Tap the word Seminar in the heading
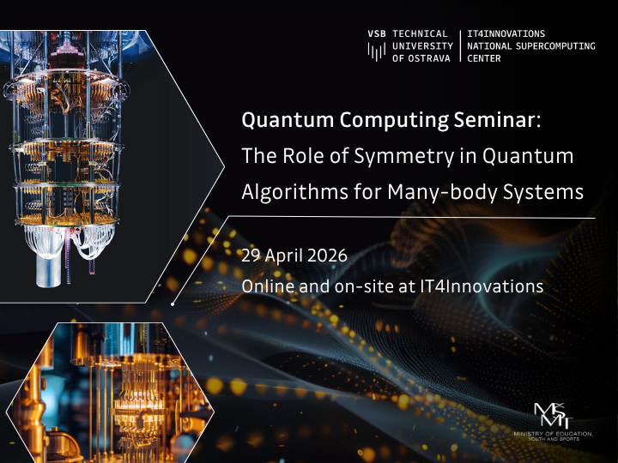[493, 122]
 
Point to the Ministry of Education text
[553, 436]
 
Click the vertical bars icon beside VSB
[376, 52]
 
